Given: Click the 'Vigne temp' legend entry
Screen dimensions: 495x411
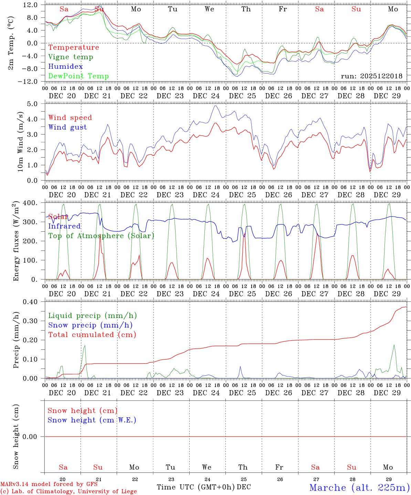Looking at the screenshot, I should pyautogui.click(x=71, y=57).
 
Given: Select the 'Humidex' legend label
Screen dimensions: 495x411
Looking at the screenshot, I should pyautogui.click(x=65, y=67).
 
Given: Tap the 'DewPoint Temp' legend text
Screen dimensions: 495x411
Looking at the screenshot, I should pyautogui.click(x=78, y=76).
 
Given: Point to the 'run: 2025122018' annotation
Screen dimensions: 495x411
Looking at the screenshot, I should pyautogui.click(x=371, y=76).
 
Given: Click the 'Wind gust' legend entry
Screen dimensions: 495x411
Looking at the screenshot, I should pyautogui.click(x=67, y=127).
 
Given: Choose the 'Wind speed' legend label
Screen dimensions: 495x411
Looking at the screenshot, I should pyautogui.click(x=70, y=118).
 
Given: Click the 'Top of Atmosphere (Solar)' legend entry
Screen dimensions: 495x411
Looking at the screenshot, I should pyautogui.click(x=101, y=236).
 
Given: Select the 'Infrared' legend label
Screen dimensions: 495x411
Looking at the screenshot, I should pyautogui.click(x=64, y=226).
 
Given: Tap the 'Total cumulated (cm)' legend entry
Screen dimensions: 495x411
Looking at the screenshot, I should pyautogui.click(x=92, y=335).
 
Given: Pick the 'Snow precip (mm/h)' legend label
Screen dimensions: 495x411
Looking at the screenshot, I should pyautogui.click(x=90, y=325).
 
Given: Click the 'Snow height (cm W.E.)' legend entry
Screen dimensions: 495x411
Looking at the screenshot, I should pyautogui.click(x=92, y=420).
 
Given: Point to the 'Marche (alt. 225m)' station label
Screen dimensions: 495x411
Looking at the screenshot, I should pyautogui.click(x=359, y=487).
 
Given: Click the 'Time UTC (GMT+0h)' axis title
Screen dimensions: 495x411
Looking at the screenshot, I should pyautogui.click(x=196, y=487).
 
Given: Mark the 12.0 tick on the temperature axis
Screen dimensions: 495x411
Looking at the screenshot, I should pyautogui.click(x=31, y=5).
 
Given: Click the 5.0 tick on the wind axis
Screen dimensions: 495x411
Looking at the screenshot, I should pyautogui.click(x=32, y=104).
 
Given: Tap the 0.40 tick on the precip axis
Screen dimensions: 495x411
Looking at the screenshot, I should pyautogui.click(x=30, y=302).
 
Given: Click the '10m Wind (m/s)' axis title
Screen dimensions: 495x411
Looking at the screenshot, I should pyautogui.click(x=20, y=142).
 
